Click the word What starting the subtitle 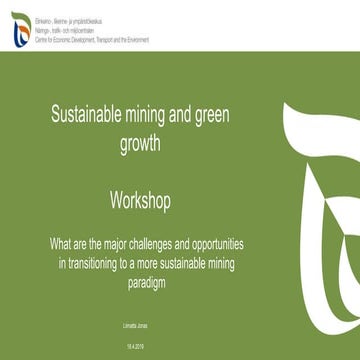60,243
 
